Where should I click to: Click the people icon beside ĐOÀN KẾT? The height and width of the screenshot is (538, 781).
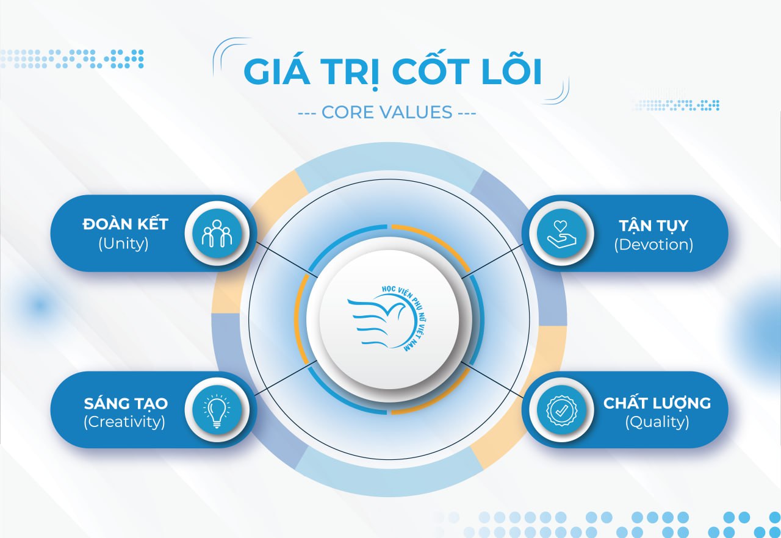[x=217, y=234]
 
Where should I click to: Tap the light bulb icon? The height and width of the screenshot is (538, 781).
[x=217, y=411]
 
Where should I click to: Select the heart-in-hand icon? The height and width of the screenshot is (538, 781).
[x=561, y=234]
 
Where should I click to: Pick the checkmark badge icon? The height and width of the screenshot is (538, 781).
[x=561, y=411]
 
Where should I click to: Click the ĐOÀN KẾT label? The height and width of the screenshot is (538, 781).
[x=126, y=223]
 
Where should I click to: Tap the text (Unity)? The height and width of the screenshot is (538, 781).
[x=123, y=243]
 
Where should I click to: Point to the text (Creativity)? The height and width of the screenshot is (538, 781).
[x=124, y=422]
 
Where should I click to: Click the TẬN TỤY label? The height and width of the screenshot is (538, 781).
[x=653, y=226]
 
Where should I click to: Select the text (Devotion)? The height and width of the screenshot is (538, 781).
[x=653, y=245]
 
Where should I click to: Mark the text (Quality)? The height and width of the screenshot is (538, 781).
[x=657, y=422]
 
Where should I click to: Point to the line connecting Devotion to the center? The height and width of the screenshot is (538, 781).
[x=492, y=261]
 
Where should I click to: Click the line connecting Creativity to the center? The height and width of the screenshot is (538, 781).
[x=286, y=378]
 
